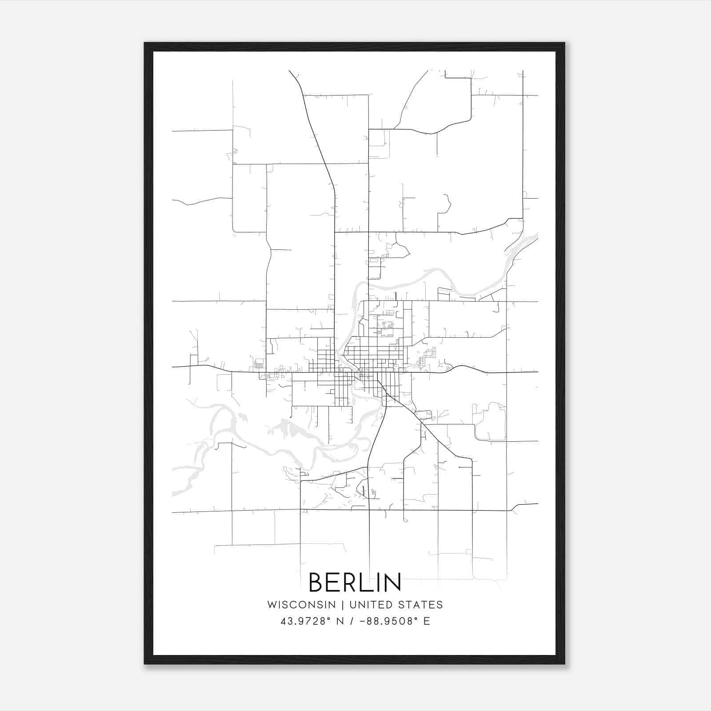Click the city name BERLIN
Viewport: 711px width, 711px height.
pyautogui.click(x=355, y=582)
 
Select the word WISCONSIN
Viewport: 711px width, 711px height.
pyautogui.click(x=301, y=605)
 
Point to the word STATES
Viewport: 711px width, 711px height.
pyautogui.click(x=420, y=605)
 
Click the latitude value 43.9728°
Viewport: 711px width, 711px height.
pyautogui.click(x=305, y=621)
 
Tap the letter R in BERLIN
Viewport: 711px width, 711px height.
pyautogui.click(x=353, y=582)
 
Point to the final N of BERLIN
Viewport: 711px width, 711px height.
pyautogui.click(x=394, y=582)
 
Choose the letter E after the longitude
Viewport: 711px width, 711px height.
pyautogui.click(x=427, y=621)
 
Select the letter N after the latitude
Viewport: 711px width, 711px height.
pyautogui.click(x=340, y=621)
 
